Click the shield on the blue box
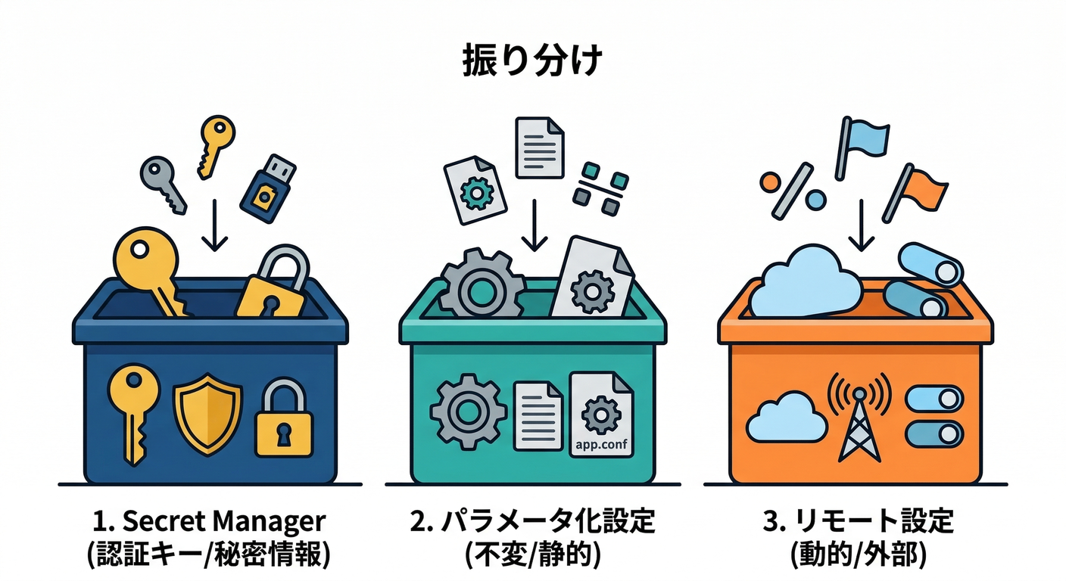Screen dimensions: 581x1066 click(x=207, y=411)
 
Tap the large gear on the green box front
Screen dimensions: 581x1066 click(x=467, y=412)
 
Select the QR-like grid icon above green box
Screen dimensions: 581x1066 click(x=601, y=184)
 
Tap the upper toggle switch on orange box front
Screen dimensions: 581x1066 click(x=934, y=399)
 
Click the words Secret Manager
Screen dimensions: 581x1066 click(x=223, y=521)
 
